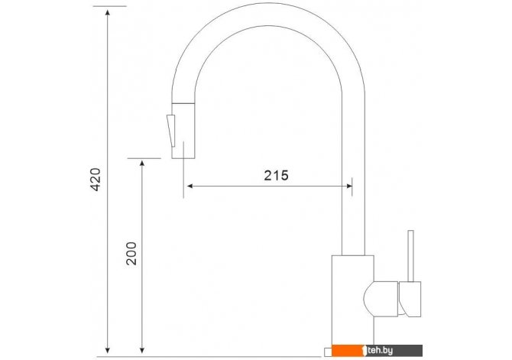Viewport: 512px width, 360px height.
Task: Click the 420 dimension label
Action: coord(96,180)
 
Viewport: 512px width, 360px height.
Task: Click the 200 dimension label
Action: coord(131,254)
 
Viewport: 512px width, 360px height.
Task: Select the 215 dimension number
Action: coord(276,176)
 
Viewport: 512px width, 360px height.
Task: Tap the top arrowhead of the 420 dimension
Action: coord(108,12)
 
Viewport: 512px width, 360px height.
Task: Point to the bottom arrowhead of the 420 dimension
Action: coord(108,351)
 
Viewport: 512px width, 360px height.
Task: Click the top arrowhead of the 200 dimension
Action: coord(141,164)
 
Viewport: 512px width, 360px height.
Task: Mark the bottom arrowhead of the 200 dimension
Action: coord(141,351)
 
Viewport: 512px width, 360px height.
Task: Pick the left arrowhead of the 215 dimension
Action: coord(190,186)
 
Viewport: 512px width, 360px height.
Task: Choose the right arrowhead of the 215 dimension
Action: coord(348,186)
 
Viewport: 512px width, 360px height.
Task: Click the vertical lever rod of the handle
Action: coord(411,256)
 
